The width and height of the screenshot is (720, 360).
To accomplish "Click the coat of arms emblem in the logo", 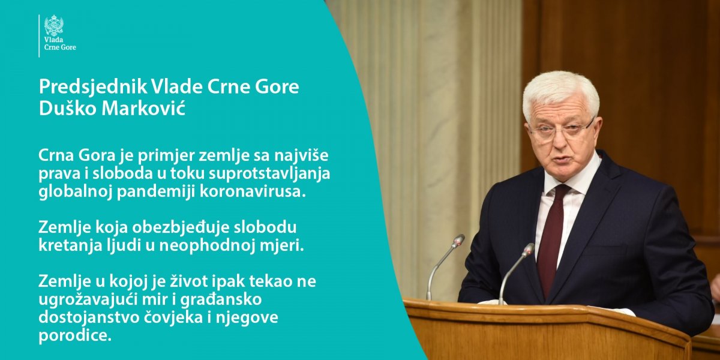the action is (x=53, y=25).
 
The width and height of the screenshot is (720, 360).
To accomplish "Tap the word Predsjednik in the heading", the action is (x=92, y=88).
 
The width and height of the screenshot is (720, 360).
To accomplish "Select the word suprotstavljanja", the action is (x=269, y=175).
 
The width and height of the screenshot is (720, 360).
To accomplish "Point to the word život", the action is (x=190, y=282).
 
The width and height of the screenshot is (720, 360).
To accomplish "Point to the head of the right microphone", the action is (x=528, y=250).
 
